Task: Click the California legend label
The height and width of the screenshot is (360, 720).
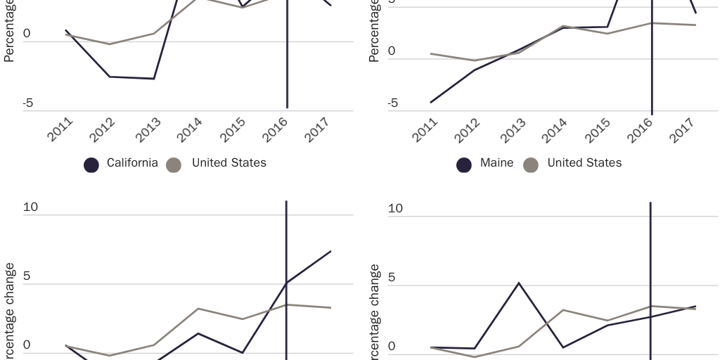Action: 132,163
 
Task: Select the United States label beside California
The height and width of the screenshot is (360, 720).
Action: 229,163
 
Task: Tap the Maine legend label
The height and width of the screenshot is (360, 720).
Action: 496,163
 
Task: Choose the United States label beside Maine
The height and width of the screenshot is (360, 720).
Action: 584,163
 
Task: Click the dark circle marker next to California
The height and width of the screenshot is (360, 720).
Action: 91,165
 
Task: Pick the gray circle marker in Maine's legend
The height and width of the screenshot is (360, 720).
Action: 531,165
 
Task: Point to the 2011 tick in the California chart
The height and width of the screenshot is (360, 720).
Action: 60,130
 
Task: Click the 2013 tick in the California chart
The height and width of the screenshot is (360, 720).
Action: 147,130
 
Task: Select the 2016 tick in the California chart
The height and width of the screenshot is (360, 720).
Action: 276,130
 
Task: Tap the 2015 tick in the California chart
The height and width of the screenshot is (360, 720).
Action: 233,130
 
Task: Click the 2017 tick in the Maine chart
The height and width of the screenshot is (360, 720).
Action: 682,130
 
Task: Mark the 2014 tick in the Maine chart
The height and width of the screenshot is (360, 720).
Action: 553,130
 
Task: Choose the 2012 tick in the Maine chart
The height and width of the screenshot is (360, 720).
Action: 467,130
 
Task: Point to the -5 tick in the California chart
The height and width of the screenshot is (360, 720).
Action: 27,103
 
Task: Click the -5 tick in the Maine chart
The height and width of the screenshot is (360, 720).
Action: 392,103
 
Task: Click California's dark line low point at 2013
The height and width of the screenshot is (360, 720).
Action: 154,79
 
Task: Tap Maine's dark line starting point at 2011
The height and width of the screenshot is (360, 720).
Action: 431,103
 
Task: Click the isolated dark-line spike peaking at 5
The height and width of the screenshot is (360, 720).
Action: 519,283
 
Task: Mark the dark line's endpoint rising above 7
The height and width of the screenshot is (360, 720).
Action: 330,251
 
